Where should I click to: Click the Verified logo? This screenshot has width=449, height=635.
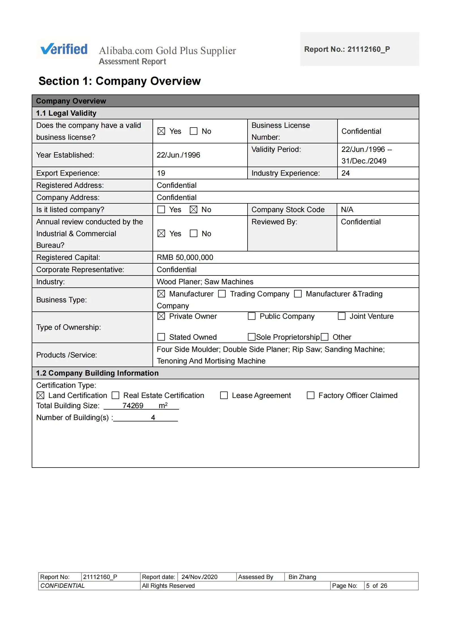click(64, 49)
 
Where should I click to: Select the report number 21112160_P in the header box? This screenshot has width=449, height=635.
click(368, 49)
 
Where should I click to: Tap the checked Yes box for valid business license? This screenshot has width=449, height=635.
click(161, 131)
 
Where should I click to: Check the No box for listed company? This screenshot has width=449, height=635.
click(194, 210)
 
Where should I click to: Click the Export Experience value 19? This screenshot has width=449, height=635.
click(161, 173)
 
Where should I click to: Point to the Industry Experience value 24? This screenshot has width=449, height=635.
click(345, 173)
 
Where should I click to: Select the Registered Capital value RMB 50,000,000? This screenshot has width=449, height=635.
click(185, 257)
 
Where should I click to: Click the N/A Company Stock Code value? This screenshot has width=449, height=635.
click(347, 210)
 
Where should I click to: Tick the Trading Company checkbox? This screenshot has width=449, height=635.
click(222, 294)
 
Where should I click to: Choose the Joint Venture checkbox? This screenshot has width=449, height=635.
click(342, 316)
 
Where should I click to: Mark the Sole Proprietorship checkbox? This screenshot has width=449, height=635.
click(251, 337)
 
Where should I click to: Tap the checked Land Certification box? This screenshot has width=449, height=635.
click(40, 395)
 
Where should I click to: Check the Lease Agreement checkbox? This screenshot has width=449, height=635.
click(224, 395)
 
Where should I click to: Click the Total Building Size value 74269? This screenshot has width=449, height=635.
click(133, 406)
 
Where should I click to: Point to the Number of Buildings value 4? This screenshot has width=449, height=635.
click(153, 418)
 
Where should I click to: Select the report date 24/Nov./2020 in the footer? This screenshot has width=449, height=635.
click(199, 577)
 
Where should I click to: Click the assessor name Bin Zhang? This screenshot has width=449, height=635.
click(302, 577)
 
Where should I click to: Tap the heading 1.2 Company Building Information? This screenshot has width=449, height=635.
click(97, 373)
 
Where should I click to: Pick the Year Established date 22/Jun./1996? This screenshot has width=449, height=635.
click(178, 155)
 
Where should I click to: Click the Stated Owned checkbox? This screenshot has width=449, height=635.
click(161, 337)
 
